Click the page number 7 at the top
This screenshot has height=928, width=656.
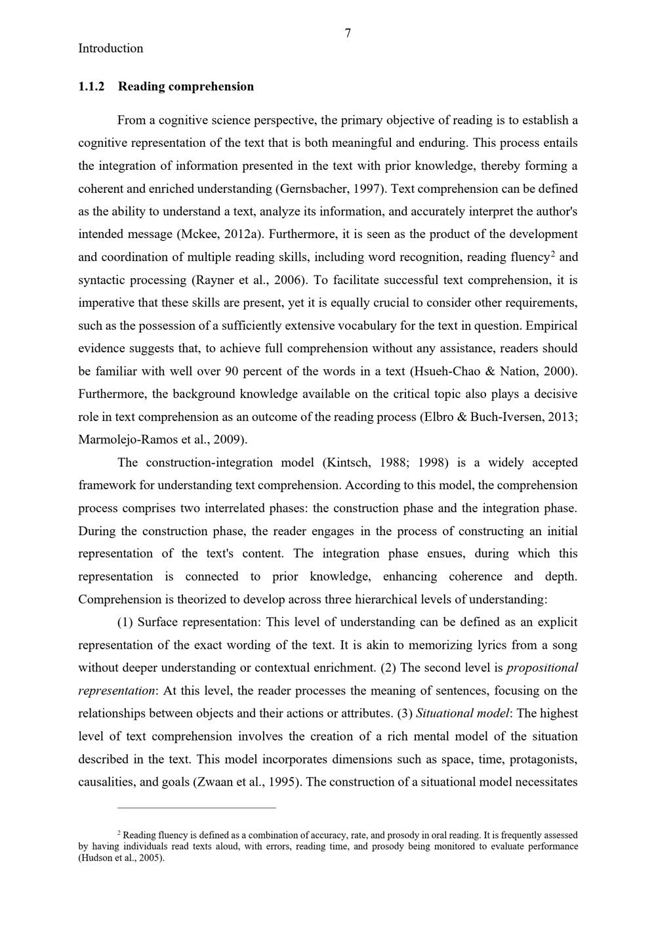[348, 33]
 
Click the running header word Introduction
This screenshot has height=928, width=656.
[110, 49]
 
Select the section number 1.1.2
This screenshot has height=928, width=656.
[91, 87]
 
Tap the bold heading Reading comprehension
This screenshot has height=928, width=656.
[186, 87]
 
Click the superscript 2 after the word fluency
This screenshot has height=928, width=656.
[553, 254]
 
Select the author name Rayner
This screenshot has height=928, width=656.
[214, 280]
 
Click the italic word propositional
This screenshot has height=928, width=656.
[543, 668]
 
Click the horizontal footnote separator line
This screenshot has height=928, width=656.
[196, 808]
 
